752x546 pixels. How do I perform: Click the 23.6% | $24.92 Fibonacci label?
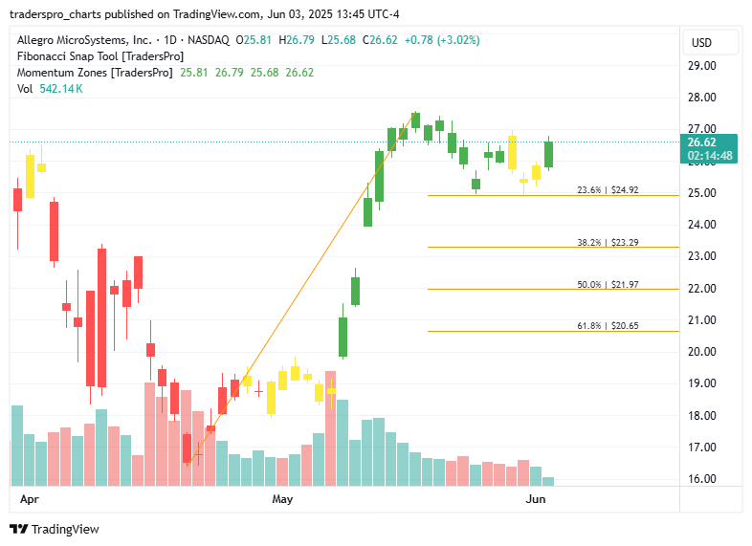click(x=608, y=190)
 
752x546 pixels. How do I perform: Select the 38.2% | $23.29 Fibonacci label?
click(x=608, y=243)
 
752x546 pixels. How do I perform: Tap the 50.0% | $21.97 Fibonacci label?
click(x=608, y=285)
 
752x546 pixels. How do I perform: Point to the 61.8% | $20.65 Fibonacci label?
click(x=608, y=326)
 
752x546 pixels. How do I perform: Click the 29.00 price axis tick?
click(x=702, y=66)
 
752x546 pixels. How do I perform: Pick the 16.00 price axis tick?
click(x=702, y=479)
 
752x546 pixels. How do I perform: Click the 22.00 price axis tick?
click(x=702, y=289)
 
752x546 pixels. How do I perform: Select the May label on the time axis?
click(x=281, y=499)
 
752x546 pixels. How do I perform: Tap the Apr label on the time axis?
click(x=29, y=499)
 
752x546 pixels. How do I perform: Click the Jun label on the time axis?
click(x=536, y=499)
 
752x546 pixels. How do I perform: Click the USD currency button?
click(x=701, y=42)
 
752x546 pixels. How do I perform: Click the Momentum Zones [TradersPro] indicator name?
click(x=93, y=73)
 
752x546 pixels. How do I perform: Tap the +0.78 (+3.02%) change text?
click(x=442, y=40)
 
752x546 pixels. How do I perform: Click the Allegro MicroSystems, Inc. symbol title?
click(x=84, y=40)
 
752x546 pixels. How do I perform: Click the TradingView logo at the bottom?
click(x=55, y=529)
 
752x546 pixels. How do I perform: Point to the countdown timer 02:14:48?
click(x=709, y=156)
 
